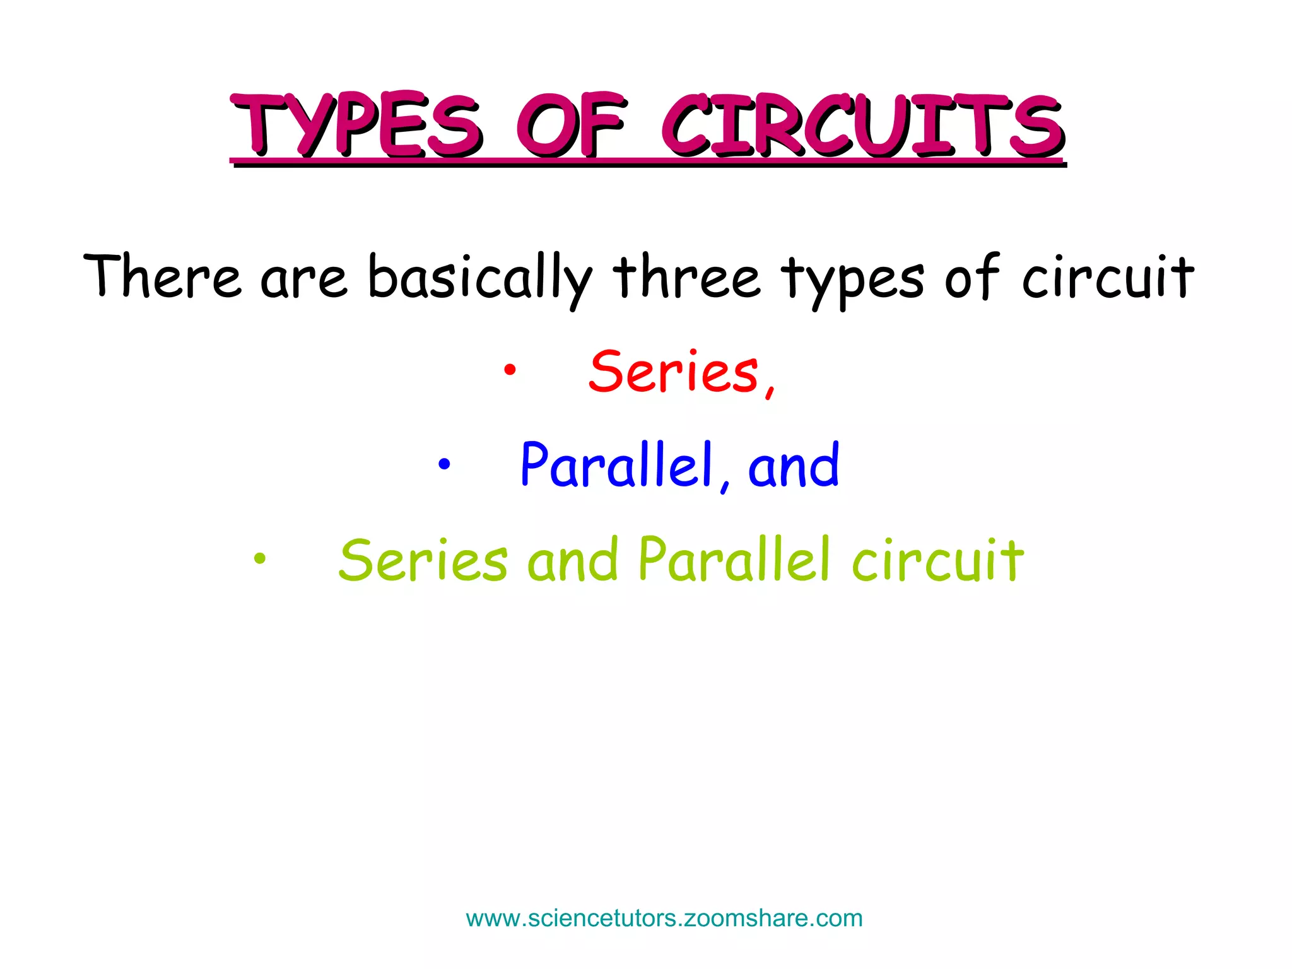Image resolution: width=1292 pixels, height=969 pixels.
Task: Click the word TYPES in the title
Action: coord(356,126)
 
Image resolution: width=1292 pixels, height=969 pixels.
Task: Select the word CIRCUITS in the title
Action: coord(862,126)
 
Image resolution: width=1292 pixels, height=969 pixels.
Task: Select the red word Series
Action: coord(674,372)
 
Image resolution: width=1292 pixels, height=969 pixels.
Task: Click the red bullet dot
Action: coord(509,371)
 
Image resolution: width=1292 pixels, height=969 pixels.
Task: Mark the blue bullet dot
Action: coord(444,465)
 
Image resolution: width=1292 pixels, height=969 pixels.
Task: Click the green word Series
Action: coord(423,560)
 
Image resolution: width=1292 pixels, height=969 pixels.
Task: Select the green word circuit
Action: coord(937,560)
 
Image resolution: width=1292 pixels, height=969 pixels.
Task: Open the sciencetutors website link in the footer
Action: coord(664,919)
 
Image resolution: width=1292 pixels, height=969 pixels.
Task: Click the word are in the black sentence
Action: coord(303,278)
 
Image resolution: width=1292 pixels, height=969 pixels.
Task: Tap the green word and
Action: coord(572,560)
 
